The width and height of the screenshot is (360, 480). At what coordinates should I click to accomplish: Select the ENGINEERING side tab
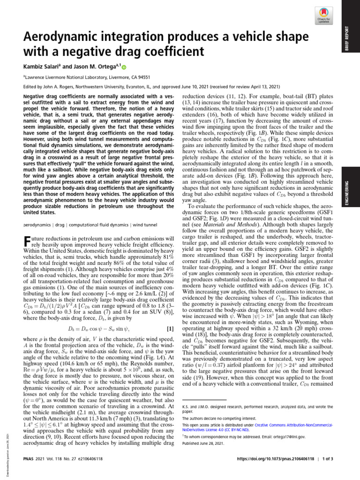pos(353,178)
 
